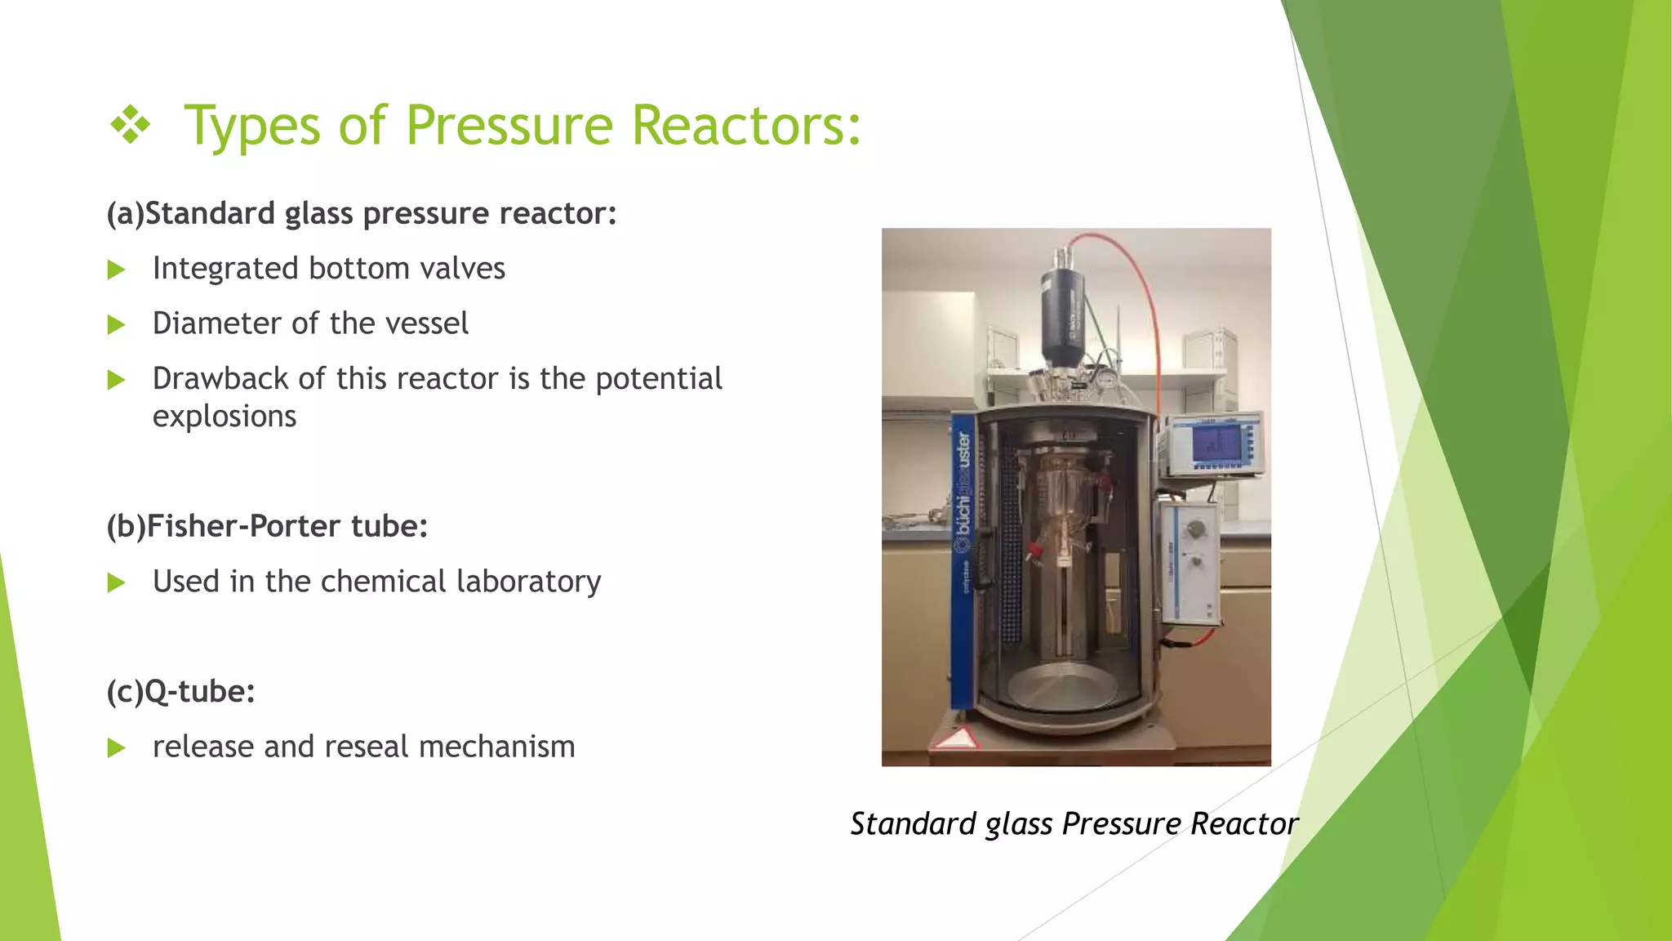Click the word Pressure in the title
click(x=508, y=126)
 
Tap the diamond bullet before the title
click(x=131, y=127)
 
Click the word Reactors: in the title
click(x=746, y=126)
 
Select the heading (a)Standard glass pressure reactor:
click(x=362, y=213)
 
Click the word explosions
click(x=225, y=417)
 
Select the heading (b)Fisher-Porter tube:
click(x=267, y=526)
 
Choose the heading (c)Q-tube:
click(x=180, y=692)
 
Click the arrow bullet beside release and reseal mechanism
click(x=117, y=748)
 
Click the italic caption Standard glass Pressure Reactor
click(x=1074, y=823)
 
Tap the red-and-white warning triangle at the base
click(x=956, y=739)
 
